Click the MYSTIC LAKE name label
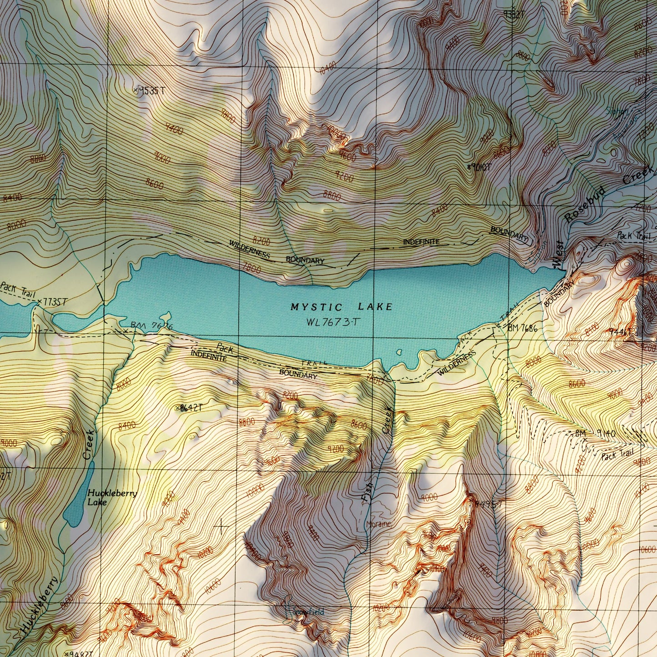pos(341,307)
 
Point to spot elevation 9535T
pos(149,90)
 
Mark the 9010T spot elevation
pos(480,167)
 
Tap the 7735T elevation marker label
pos(54,301)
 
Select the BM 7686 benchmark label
pos(523,327)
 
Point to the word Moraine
pos(379,525)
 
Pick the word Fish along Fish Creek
pos(366,493)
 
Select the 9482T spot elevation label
pos(80,653)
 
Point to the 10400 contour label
pos(328,69)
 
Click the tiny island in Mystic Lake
pos(400,351)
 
